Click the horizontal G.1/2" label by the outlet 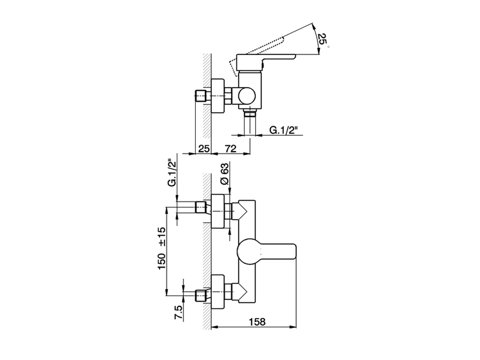tap(283, 130)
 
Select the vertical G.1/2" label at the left tap(172, 172)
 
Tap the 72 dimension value tap(231, 149)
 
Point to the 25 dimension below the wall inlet tap(204, 149)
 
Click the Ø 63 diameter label tap(225, 174)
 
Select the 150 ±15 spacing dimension tap(162, 249)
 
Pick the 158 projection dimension tap(257, 322)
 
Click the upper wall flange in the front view tap(219, 211)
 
